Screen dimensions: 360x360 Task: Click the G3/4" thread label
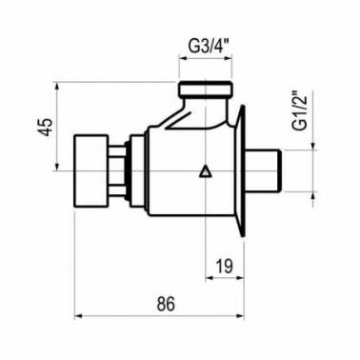coord(206,47)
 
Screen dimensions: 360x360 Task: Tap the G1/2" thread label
coord(300,111)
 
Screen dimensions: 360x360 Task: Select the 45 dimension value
coord(47,127)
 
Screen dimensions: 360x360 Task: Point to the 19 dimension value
coord(225,266)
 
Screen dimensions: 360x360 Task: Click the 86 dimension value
coord(166,304)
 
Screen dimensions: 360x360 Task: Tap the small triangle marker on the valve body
coord(205,171)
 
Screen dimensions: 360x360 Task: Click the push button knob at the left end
coord(90,171)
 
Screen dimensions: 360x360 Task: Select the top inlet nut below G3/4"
coord(205,89)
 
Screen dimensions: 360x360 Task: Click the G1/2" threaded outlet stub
coord(263,170)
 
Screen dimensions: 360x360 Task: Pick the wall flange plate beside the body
coord(240,171)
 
